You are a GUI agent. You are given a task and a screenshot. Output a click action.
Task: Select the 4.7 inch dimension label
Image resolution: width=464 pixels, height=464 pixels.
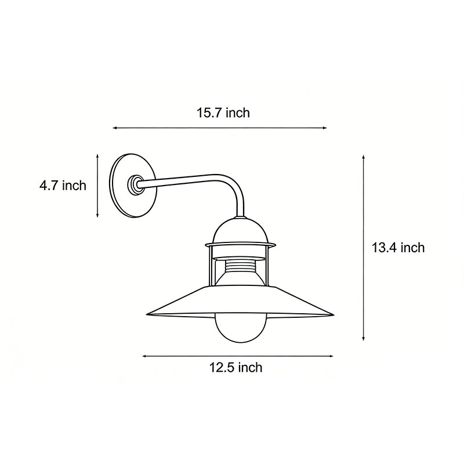pyautogui.click(x=63, y=186)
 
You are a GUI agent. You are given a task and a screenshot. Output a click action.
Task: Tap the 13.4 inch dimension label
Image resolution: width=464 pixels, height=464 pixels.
pyautogui.click(x=398, y=248)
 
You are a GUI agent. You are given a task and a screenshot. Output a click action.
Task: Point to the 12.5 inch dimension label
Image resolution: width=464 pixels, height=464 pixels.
pyautogui.click(x=235, y=367)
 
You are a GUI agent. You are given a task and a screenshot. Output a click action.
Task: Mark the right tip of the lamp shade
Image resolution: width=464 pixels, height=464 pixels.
pyautogui.click(x=333, y=316)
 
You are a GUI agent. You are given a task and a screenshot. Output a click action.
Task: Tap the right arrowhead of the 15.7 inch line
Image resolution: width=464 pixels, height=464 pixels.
pyautogui.click(x=326, y=128)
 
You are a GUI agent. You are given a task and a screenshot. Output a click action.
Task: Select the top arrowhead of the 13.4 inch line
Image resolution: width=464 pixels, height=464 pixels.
pyautogui.click(x=364, y=155)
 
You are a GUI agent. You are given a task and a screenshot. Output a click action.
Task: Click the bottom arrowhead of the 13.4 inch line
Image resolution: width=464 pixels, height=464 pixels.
pyautogui.click(x=364, y=339)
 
